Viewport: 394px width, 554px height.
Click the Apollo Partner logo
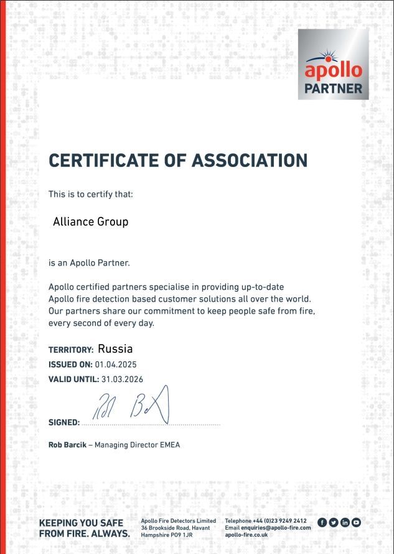click(333, 64)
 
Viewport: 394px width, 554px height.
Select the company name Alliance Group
click(90, 221)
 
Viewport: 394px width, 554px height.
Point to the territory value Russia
click(115, 349)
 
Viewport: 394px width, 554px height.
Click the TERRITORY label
click(71, 350)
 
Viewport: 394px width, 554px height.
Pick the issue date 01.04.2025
click(116, 365)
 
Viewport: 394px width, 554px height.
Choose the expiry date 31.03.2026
click(123, 379)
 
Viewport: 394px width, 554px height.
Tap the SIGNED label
click(64, 423)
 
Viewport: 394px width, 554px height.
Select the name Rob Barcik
click(67, 445)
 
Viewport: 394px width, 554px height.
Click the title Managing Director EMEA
click(137, 445)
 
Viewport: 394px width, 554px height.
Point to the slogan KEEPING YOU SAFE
click(81, 523)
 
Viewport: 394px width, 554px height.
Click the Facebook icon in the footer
click(322, 522)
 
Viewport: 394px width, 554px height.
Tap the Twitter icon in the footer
click(334, 522)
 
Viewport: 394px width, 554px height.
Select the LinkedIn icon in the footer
click(345, 522)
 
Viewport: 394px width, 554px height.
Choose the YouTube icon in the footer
click(356, 522)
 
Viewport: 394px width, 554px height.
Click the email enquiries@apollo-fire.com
click(276, 528)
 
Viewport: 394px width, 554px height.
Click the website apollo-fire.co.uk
click(246, 535)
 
